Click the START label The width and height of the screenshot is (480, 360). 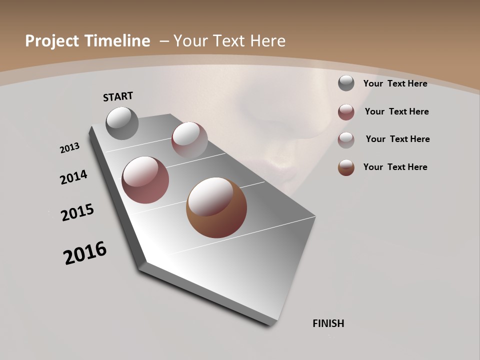pyautogui.click(x=118, y=96)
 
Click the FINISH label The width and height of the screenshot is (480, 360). pyautogui.click(x=328, y=323)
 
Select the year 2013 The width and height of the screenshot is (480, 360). pyautogui.click(x=69, y=148)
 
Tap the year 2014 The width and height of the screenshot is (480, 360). pyautogui.click(x=74, y=177)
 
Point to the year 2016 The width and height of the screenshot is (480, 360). pyautogui.click(x=85, y=253)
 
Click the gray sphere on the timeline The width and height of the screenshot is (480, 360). pyautogui.click(x=122, y=123)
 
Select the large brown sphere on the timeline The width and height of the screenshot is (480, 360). pyautogui.click(x=216, y=207)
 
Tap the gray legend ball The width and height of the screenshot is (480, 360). pyautogui.click(x=346, y=83)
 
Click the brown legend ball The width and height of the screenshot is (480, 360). pyautogui.click(x=346, y=167)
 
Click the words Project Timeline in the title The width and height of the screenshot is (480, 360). pyautogui.click(x=87, y=41)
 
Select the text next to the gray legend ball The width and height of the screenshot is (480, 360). pyautogui.click(x=395, y=83)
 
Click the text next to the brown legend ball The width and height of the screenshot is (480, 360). pyautogui.click(x=395, y=167)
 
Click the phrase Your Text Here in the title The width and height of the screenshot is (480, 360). pyautogui.click(x=229, y=41)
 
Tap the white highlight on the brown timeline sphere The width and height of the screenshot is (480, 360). pyautogui.click(x=210, y=196)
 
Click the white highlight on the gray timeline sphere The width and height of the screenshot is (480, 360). pyautogui.click(x=120, y=118)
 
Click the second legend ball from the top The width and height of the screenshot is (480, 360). pyautogui.click(x=346, y=112)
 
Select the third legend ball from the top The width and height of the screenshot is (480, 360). pyautogui.click(x=346, y=140)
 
